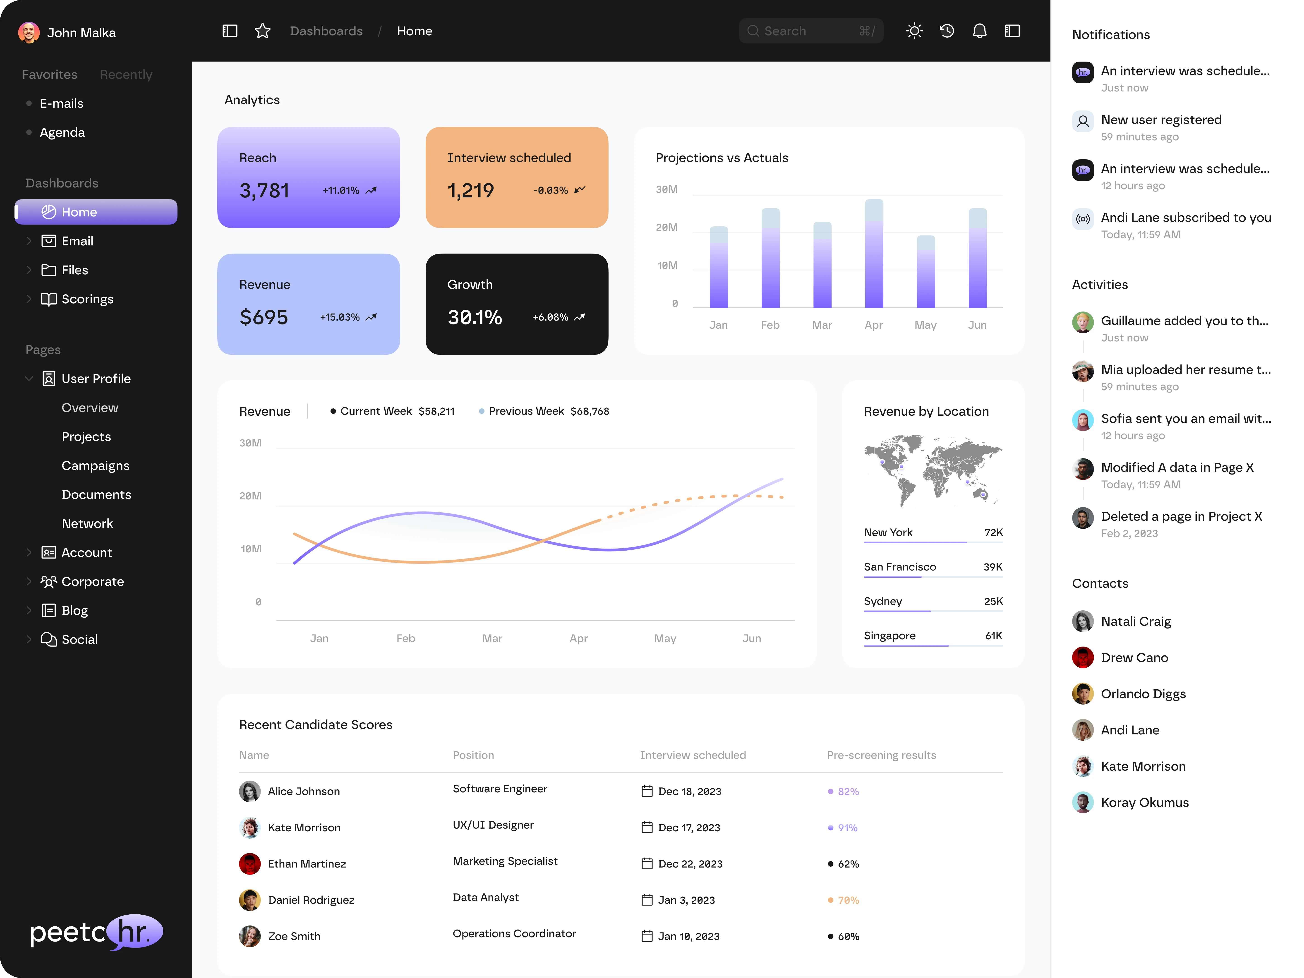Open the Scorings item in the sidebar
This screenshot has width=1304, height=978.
(x=87, y=299)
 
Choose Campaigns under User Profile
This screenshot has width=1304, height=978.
(x=96, y=466)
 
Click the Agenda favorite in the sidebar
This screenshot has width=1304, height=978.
(x=62, y=133)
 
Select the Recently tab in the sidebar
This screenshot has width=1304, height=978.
(x=126, y=74)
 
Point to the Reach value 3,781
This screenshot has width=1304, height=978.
(x=264, y=190)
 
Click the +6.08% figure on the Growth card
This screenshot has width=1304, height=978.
(x=550, y=317)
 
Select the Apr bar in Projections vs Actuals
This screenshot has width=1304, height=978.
(x=874, y=254)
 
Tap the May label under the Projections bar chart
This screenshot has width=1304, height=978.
(x=925, y=325)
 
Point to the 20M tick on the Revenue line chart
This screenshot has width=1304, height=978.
(x=250, y=496)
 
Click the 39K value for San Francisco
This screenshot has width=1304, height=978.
(x=993, y=566)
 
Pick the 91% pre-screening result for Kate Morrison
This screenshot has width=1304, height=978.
(x=847, y=828)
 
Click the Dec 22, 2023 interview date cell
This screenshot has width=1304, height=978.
(x=690, y=864)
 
